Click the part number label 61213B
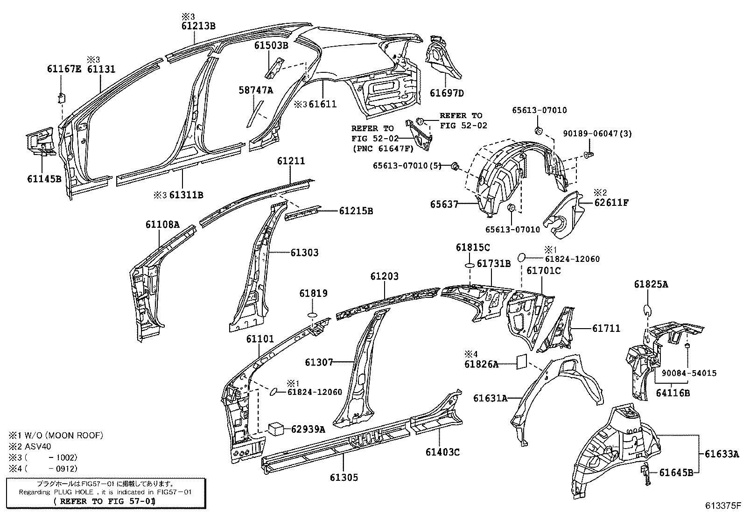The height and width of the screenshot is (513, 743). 198,26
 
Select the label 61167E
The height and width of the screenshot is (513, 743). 64,69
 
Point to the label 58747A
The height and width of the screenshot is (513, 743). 256,91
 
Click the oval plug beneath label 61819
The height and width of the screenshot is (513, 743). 312,315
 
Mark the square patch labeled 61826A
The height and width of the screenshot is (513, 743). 521,361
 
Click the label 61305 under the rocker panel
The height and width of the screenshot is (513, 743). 344,477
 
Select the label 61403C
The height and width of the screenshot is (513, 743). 442,452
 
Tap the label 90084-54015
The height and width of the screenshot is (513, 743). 688,373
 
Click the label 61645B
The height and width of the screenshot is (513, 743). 676,472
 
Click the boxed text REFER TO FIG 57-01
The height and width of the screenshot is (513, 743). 105,501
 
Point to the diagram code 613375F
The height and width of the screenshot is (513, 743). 722,505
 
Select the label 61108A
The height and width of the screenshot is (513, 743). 162,224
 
